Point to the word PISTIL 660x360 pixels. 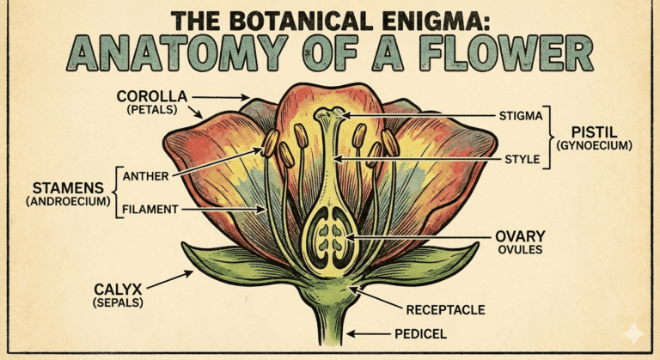(x=594, y=131)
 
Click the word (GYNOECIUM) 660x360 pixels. (x=594, y=146)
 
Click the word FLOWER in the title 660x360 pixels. (x=510, y=54)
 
